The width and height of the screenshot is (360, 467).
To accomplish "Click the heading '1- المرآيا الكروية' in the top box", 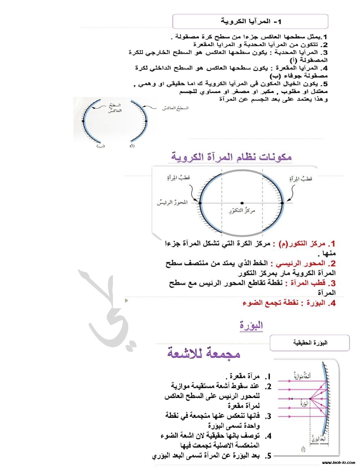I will (x=251, y=22).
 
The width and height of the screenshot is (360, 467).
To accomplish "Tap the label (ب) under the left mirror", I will (x=101, y=146).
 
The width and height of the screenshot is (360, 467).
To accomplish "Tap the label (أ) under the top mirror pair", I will (x=132, y=146).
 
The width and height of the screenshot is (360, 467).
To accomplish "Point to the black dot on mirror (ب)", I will (x=83, y=121).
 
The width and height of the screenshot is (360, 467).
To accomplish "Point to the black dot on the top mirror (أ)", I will (x=146, y=121).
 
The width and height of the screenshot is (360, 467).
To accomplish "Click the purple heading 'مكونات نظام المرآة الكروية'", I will (x=230, y=157).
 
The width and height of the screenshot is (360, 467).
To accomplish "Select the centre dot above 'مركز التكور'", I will (x=242, y=203).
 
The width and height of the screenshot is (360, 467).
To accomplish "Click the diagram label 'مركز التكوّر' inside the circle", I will (x=242, y=211).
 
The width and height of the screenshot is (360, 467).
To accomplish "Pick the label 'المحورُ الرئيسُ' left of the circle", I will (x=172, y=203).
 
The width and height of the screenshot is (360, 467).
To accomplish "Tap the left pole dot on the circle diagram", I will (x=200, y=203).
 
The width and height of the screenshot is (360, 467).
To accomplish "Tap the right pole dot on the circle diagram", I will (x=282, y=203).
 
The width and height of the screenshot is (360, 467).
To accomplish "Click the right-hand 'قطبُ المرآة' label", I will (x=301, y=179).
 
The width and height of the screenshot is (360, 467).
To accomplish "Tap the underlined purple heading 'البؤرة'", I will (x=251, y=325).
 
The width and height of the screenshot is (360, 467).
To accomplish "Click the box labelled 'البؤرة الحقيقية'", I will (x=310, y=343).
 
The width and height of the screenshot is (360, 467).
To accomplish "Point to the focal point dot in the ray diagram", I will (x=310, y=399).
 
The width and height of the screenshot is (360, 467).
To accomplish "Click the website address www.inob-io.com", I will (x=338, y=462).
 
